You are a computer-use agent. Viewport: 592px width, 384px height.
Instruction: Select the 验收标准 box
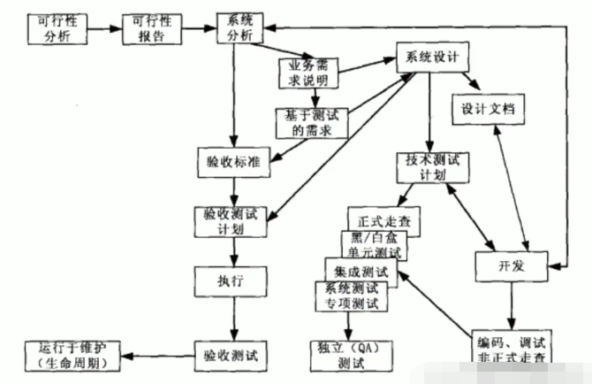click(232, 163)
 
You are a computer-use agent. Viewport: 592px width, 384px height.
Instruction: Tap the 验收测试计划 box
click(231, 221)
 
